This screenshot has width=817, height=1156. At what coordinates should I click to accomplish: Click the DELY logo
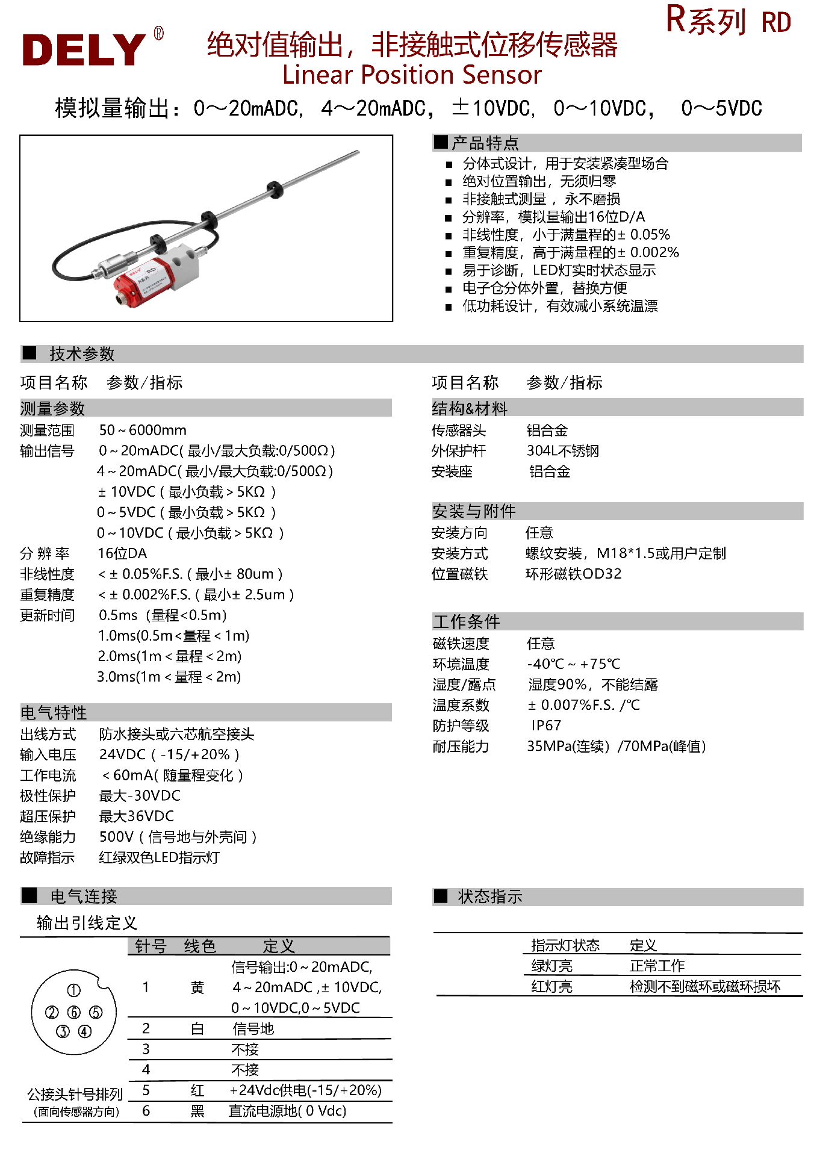84,49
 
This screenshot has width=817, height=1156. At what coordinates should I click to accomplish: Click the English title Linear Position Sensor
412,75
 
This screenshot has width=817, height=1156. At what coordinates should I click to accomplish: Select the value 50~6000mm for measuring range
143,430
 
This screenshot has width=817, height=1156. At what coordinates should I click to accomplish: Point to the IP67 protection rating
546,726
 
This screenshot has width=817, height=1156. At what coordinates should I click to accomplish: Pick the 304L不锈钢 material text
563,451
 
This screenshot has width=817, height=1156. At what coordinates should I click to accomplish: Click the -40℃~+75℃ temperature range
573,664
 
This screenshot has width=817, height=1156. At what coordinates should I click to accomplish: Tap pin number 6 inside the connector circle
74,1013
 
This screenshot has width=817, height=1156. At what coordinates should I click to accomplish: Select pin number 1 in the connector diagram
73,990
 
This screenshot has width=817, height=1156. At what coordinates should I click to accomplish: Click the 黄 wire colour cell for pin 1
197,987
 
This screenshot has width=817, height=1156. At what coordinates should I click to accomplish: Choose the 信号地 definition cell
253,1029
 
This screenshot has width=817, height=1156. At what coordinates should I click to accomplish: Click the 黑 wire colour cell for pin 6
197,1111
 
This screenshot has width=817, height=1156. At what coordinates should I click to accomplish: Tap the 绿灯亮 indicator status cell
551,966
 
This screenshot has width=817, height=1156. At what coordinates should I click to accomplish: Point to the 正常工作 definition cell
657,966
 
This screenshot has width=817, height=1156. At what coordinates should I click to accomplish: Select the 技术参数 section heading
82,354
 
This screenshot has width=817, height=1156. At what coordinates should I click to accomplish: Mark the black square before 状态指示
441,896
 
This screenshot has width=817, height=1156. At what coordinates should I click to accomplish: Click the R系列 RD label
728,22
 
